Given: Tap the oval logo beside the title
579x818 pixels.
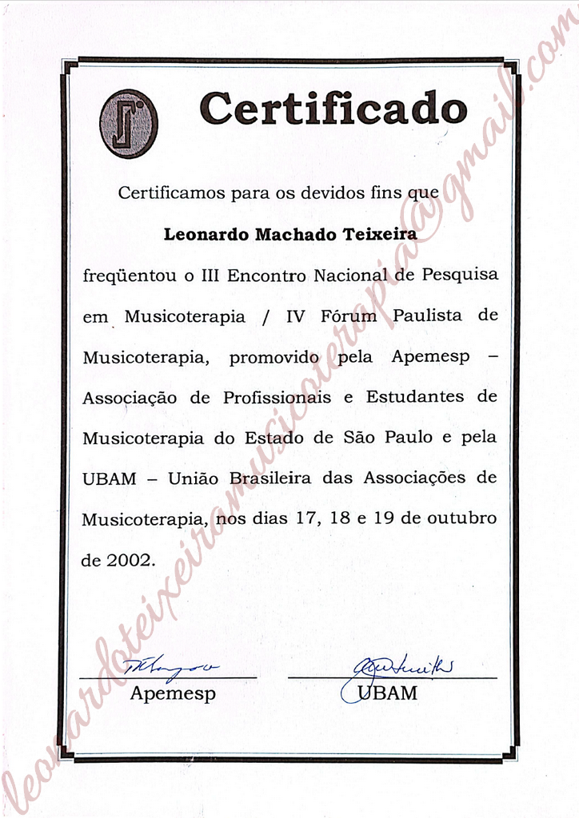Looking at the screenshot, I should pos(128,123).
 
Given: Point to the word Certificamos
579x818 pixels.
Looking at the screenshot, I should pos(167,193).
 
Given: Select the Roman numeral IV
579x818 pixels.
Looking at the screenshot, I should pos(296,316).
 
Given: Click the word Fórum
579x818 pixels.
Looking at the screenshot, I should pos(347,316).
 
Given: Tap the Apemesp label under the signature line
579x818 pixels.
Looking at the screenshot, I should pos(173,693).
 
